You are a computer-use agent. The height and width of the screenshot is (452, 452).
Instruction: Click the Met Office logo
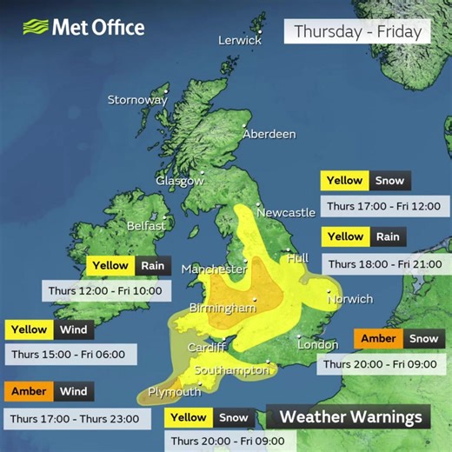point(83,27)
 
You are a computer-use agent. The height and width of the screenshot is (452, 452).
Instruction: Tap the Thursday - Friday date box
point(357,32)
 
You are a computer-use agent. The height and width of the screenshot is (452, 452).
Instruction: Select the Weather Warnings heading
point(350,417)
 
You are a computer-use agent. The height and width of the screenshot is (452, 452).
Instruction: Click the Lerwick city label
point(240,40)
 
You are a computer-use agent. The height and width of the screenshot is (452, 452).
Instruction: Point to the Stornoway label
point(137,100)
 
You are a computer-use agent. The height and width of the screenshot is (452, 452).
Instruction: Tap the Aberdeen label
point(269,134)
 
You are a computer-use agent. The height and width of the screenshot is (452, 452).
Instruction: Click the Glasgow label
point(180,181)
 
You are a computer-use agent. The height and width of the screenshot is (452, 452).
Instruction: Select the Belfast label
point(146,225)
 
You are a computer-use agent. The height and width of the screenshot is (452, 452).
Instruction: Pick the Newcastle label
point(286,212)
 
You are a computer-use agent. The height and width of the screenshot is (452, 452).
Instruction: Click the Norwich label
point(350,299)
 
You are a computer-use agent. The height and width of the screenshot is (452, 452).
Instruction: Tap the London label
point(317,345)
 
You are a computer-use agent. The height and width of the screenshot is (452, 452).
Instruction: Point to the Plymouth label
point(175,392)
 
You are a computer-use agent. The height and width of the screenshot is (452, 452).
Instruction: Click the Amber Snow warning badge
point(395,339)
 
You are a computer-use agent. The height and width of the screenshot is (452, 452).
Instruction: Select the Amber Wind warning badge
point(50,392)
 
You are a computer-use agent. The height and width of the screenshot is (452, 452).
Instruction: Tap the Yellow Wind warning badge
point(50,329)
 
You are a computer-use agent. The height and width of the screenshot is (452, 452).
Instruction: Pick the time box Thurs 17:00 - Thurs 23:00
point(74,418)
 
